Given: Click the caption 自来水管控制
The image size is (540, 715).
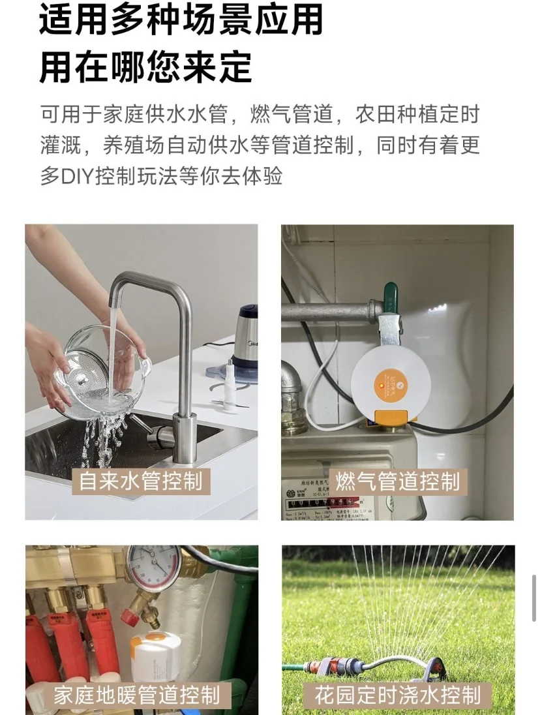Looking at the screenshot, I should pyautogui.click(x=140, y=481).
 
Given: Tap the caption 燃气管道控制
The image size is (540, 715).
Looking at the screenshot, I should pyautogui.click(x=397, y=482).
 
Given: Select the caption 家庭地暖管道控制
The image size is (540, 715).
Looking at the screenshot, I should pyautogui.click(x=136, y=694).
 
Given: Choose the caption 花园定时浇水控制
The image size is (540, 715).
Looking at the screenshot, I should pyautogui.click(x=397, y=694).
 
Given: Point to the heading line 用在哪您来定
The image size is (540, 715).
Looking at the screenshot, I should pyautogui.click(x=146, y=67).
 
